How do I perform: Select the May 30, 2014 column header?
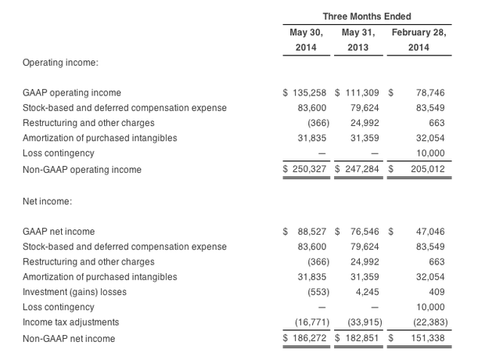[305, 40]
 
